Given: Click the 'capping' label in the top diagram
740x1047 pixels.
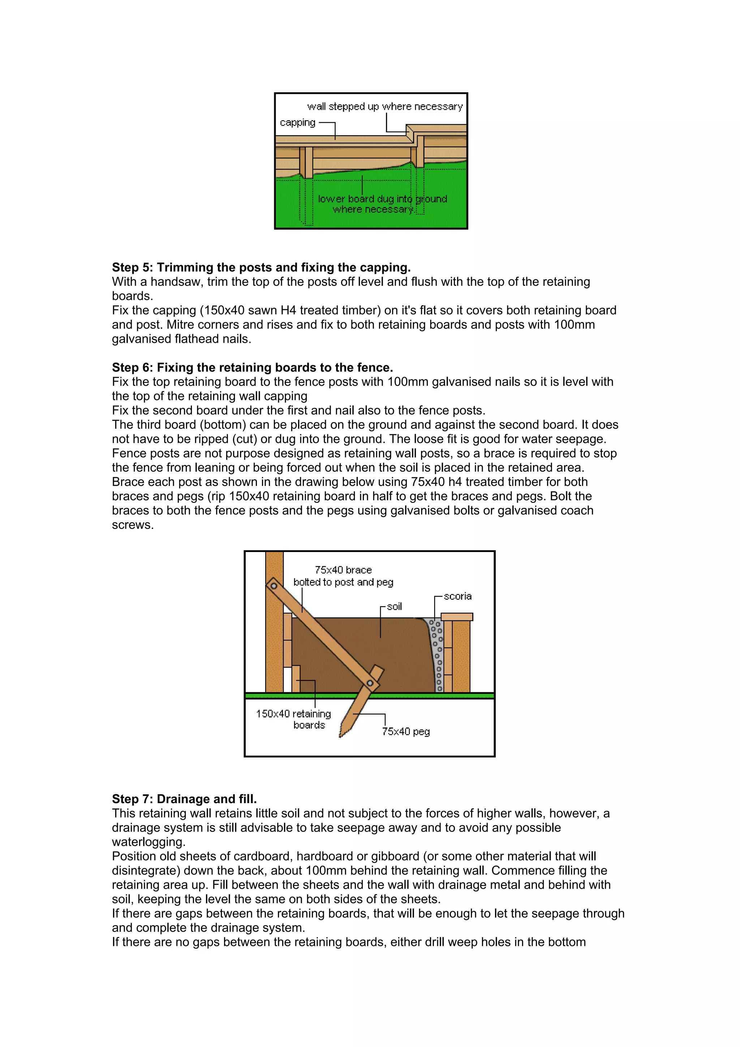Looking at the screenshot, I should [297, 123].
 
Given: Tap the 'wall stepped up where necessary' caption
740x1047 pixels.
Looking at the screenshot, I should [385, 107].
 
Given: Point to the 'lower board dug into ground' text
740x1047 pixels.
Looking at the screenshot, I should [382, 199].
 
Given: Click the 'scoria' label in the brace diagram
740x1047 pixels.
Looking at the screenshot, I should [457, 596].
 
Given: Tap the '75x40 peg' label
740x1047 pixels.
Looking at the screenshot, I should [406, 732].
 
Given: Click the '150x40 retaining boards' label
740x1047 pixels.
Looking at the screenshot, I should [294, 719].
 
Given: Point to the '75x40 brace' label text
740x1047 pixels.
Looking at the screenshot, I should [343, 570].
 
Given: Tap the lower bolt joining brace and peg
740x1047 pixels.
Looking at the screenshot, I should [370, 683].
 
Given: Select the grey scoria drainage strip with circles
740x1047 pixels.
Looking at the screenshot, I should [437, 657].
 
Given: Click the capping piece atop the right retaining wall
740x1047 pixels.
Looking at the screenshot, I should [456, 617].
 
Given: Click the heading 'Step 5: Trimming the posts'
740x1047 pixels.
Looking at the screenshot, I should [261, 267].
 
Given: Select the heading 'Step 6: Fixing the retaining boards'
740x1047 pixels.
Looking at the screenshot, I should [252, 367].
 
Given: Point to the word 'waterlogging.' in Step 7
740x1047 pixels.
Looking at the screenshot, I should [149, 842].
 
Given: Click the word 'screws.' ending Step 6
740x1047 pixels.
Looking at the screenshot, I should [133, 525].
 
